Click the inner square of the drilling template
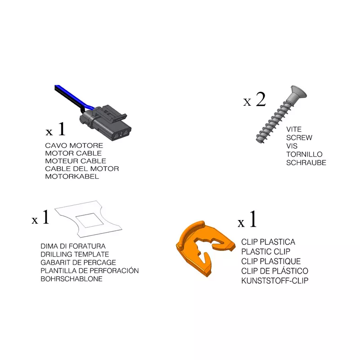[90, 220]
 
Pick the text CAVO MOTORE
[74, 145]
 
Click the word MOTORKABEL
[72, 176]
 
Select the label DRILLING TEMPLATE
[75, 254]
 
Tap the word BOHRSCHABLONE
[72, 279]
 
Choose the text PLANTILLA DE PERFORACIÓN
[90, 270]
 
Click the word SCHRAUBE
[306, 163]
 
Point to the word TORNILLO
[304, 154]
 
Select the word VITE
[294, 130]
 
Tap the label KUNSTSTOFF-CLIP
[274, 281]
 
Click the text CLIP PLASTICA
[268, 242]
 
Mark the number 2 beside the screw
[261, 99]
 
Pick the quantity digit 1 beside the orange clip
[253, 219]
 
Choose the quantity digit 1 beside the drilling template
[46, 217]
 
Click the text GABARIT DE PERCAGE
[78, 262]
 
